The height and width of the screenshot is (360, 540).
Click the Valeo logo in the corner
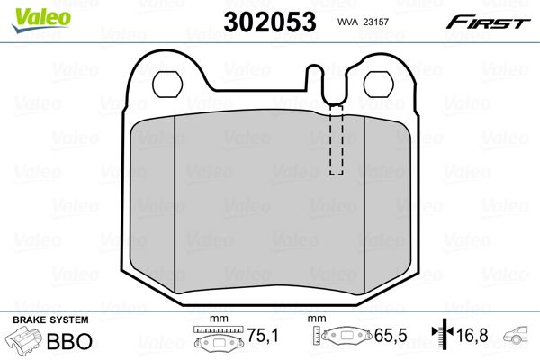tap(40, 20)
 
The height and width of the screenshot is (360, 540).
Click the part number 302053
tap(270, 22)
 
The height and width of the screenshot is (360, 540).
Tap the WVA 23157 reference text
tap(363, 22)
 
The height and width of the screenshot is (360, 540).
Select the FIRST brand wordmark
tap(489, 22)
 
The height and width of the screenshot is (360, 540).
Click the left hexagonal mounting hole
tap(167, 85)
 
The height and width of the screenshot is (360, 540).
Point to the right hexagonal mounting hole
tap(379, 85)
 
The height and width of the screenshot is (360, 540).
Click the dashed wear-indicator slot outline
tap(336, 139)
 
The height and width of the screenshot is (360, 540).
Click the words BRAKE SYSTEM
tap(50, 319)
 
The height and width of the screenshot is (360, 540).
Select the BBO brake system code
tap(69, 341)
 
